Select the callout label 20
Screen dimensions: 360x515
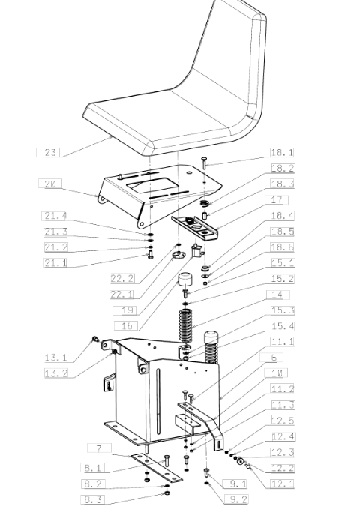[50, 184]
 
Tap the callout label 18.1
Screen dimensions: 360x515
[282, 152]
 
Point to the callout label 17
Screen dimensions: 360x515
[277, 199]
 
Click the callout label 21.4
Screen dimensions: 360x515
[55, 216]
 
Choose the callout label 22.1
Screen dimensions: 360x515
[122, 295]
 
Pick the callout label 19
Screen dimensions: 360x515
[124, 310]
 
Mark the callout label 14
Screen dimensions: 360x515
[277, 295]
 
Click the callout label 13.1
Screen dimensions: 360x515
[55, 357]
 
